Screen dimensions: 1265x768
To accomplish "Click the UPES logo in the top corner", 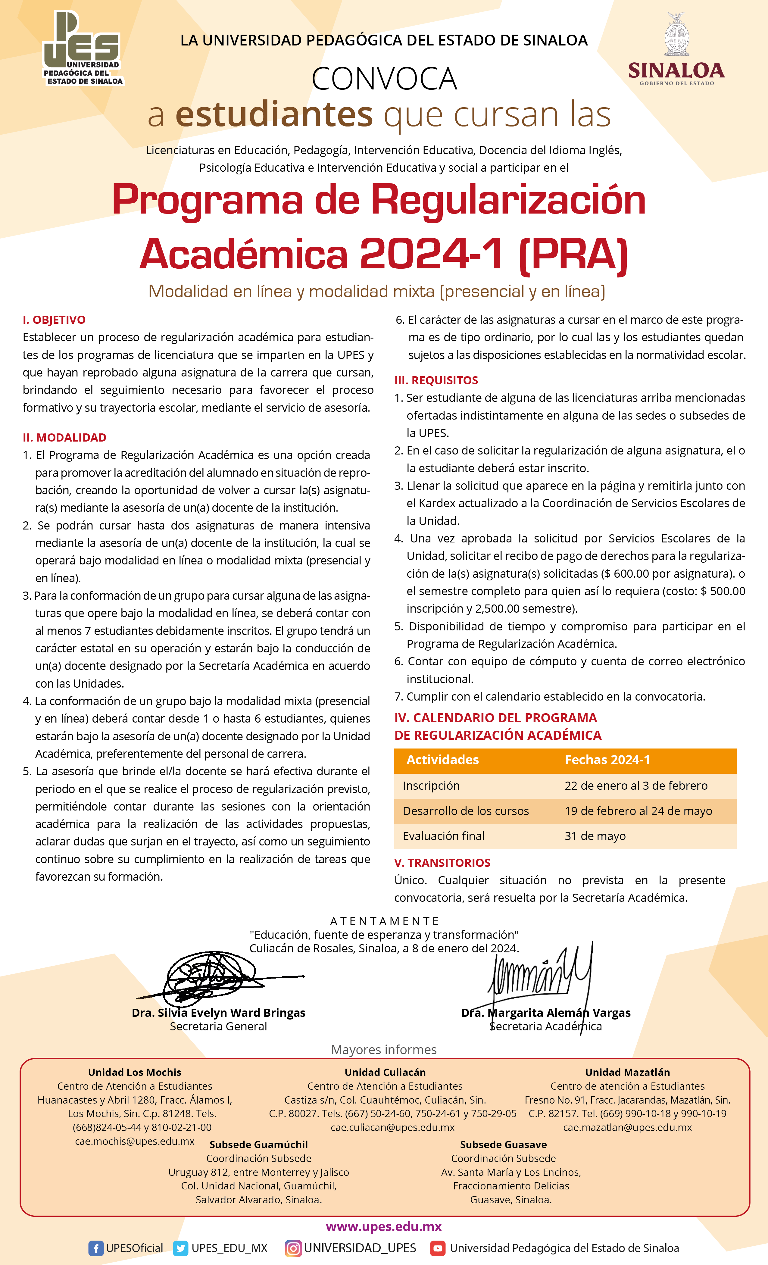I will [82, 49].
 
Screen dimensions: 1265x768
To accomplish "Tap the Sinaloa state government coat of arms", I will [677, 35].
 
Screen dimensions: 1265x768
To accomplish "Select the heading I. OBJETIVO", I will [54, 320].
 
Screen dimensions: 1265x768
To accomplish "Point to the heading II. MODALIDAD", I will [64, 437].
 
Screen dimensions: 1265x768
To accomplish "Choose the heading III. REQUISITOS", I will [436, 380].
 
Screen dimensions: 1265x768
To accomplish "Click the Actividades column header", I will [442, 760].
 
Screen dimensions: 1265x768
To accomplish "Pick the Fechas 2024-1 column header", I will [607, 760].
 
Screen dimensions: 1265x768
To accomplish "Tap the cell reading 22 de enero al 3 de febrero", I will [635, 786].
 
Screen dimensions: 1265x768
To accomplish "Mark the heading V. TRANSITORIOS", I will [442, 863].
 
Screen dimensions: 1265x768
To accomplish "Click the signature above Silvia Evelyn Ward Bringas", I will [216, 978].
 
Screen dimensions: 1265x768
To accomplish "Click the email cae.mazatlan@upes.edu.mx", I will [627, 1127].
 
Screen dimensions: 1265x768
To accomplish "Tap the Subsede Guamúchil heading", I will [259, 1144].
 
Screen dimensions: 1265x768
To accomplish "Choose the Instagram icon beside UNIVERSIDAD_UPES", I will [293, 1248].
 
